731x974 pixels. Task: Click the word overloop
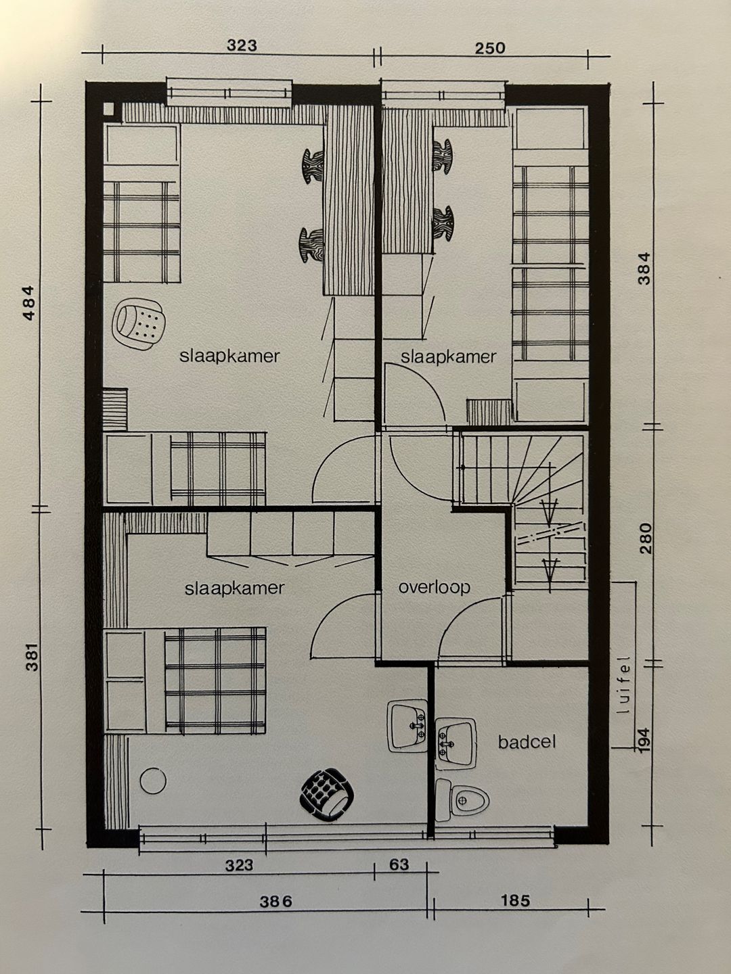[x=434, y=588]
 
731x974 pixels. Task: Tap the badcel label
[x=527, y=742]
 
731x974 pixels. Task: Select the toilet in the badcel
[x=462, y=800]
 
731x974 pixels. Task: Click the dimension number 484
[x=29, y=302]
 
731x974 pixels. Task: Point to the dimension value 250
[x=490, y=48]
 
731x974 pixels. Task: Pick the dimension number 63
[x=399, y=864]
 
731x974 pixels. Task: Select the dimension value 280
[x=646, y=538]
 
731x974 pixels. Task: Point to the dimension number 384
[x=644, y=268]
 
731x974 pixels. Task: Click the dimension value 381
[x=32, y=656]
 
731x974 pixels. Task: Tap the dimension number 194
[x=645, y=740]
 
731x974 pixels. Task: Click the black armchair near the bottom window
[x=327, y=795]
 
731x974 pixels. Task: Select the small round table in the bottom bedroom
[x=153, y=781]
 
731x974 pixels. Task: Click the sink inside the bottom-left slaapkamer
[x=407, y=726]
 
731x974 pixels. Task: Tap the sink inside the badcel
[x=456, y=744]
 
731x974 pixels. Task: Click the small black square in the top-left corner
[x=109, y=109]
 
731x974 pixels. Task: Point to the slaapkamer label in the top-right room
[x=448, y=356]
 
